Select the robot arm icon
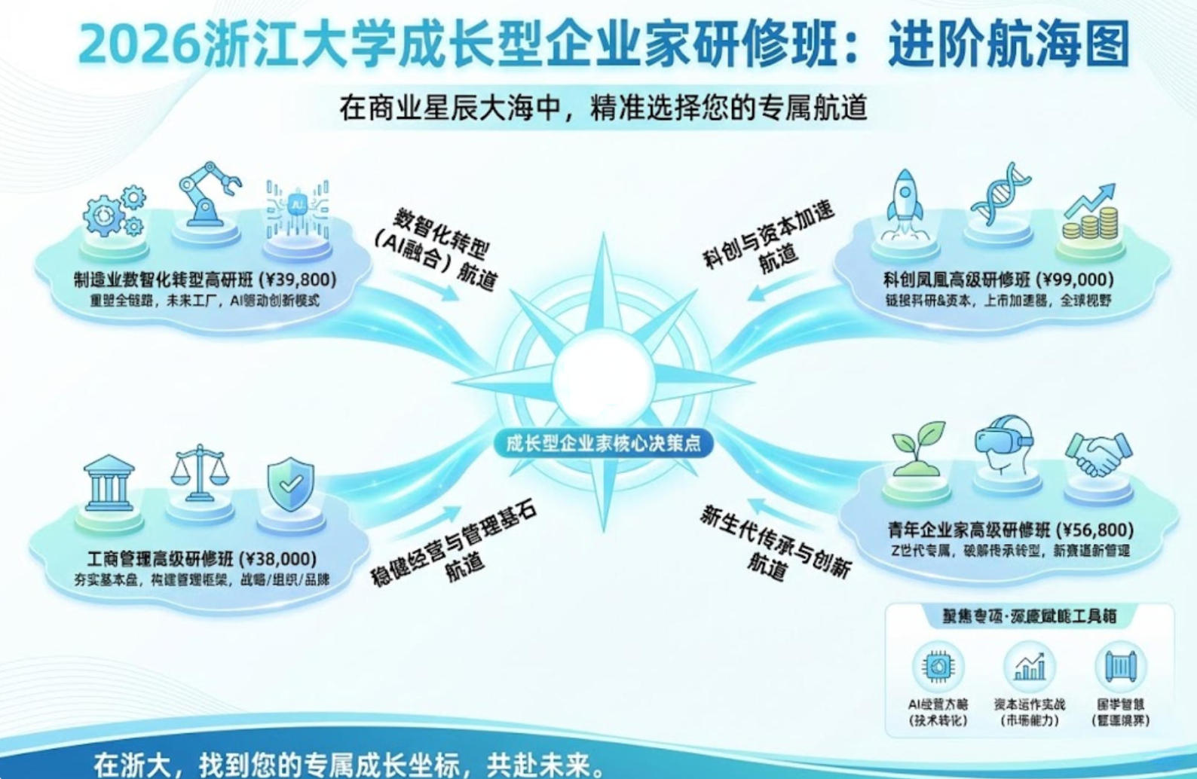207,194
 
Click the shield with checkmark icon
291,484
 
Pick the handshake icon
1098,454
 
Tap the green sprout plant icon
917,448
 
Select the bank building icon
109,483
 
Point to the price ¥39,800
298,280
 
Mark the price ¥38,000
278,558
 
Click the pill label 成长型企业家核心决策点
602,442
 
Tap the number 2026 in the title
139,45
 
